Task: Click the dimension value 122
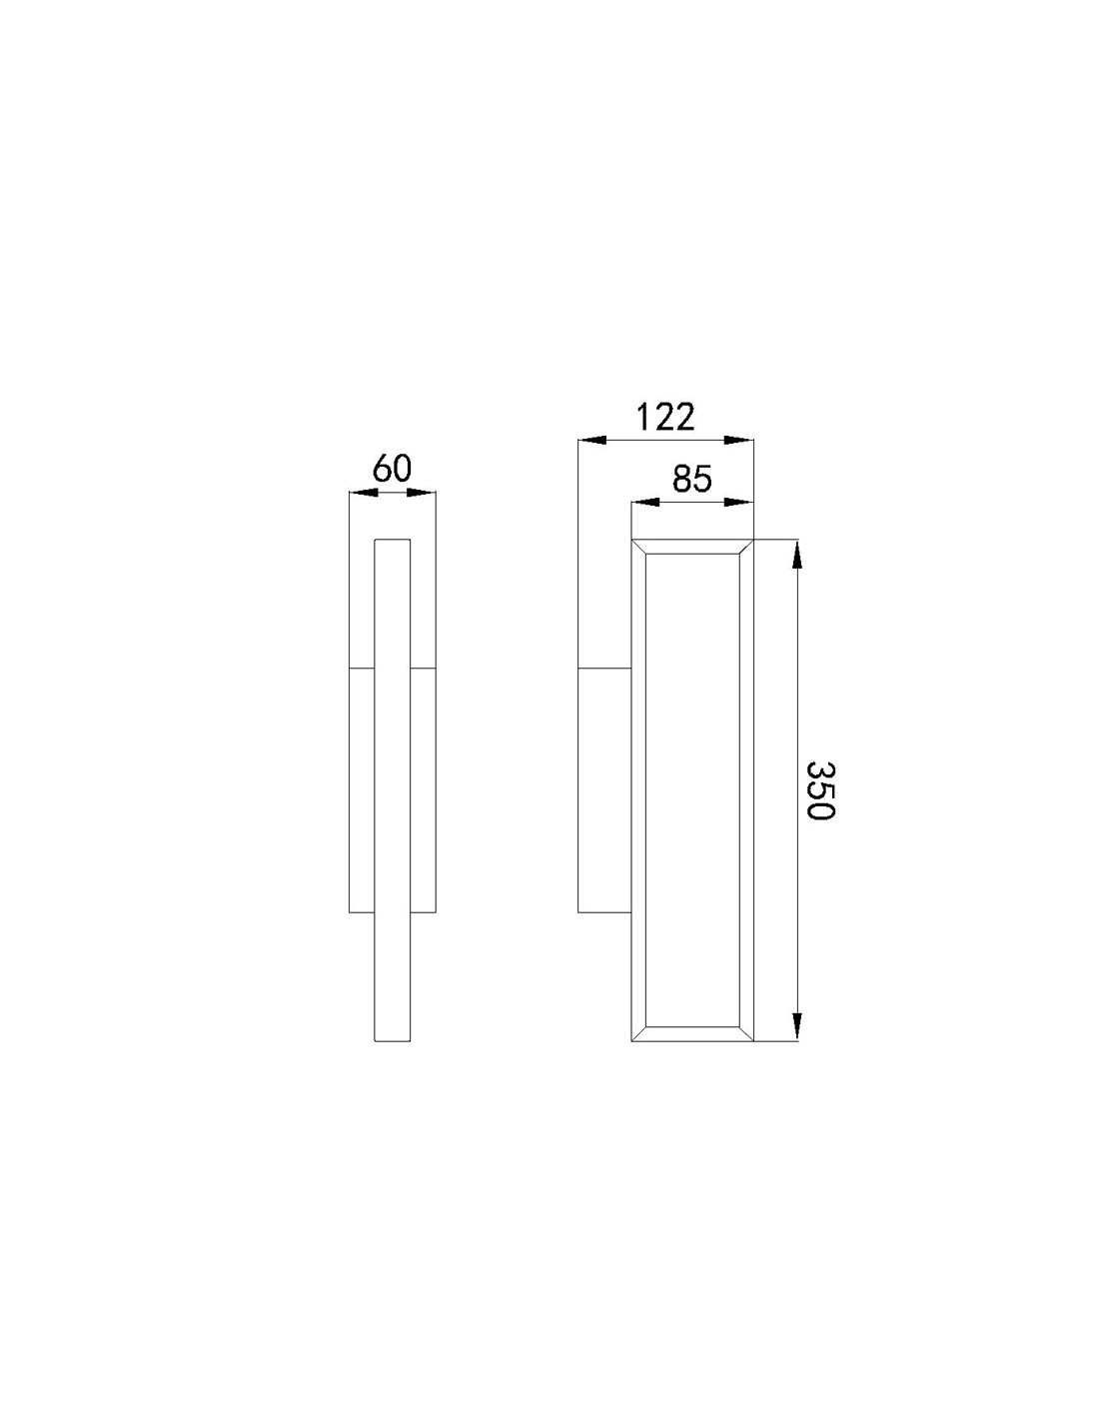tap(664, 418)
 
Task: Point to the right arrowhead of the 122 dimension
tap(739, 440)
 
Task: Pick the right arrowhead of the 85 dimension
tap(739, 502)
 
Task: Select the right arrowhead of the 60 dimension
tap(422, 493)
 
